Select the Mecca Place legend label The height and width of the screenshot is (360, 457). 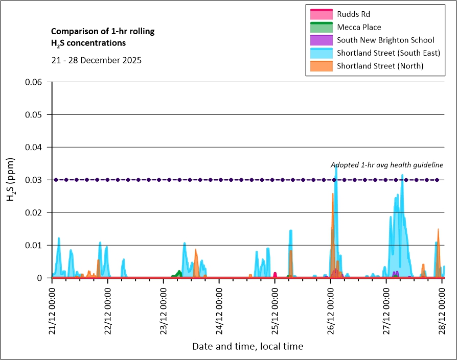359,27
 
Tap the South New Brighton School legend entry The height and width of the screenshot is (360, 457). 385,40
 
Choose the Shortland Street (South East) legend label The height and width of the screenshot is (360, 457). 389,53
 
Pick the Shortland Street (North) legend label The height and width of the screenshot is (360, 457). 380,66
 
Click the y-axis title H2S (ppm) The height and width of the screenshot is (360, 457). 11,180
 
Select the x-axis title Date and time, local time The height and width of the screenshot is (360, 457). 247,346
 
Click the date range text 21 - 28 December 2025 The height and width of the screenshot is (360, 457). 97,60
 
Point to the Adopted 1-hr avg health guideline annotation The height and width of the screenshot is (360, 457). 386,164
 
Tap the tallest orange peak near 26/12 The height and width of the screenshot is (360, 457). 332,194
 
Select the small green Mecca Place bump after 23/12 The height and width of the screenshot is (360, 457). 179,272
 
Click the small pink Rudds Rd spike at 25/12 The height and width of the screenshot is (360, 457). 275,274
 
